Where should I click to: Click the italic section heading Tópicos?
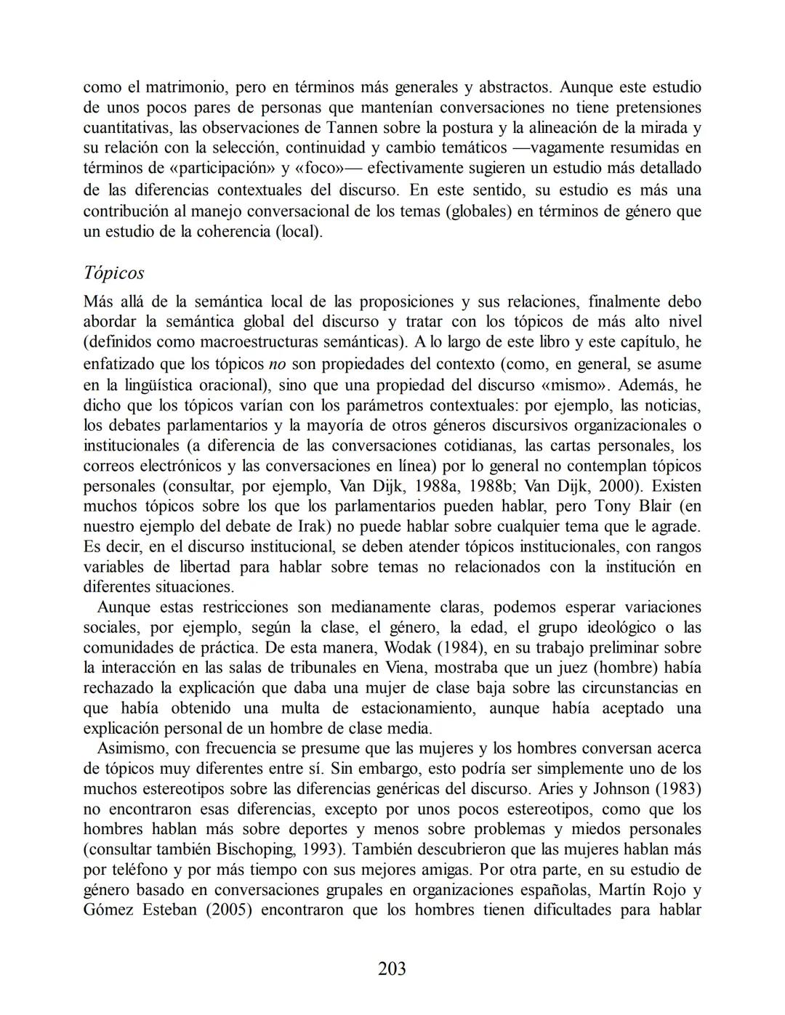click(x=113, y=273)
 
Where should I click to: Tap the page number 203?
click(x=392, y=968)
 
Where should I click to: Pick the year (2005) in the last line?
click(x=229, y=910)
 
